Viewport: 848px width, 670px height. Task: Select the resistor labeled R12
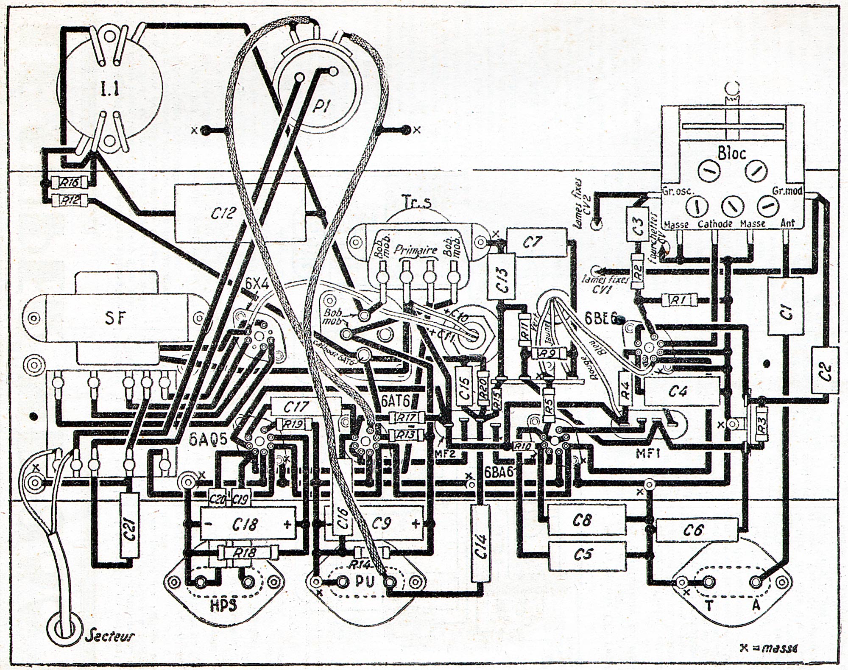[70, 200]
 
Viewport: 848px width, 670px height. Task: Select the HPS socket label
[223, 606]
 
